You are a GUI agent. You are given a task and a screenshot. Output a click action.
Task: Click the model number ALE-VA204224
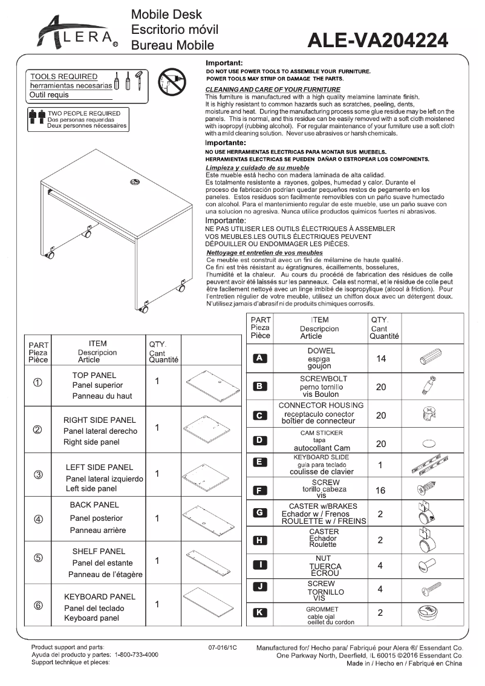[378, 40]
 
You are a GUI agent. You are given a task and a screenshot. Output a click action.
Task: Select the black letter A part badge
[259, 358]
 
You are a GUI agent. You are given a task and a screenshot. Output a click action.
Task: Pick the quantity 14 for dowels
[381, 359]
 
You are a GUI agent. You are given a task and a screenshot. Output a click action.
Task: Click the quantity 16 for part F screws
[380, 491]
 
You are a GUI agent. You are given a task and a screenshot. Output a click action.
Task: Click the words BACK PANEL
[94, 505]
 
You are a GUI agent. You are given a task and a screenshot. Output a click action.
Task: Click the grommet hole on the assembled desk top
[134, 181]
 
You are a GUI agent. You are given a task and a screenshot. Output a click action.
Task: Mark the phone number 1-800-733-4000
[137, 655]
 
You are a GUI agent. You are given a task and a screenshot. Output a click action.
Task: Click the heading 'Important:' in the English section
[224, 63]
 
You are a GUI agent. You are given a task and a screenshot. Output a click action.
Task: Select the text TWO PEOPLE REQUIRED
[84, 113]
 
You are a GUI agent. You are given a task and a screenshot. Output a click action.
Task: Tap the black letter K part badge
[259, 612]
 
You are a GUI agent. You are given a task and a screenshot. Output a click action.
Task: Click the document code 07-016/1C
[223, 647]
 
